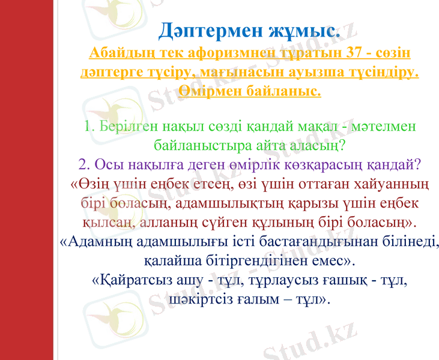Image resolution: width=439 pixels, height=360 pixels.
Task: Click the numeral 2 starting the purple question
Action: [83, 164]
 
